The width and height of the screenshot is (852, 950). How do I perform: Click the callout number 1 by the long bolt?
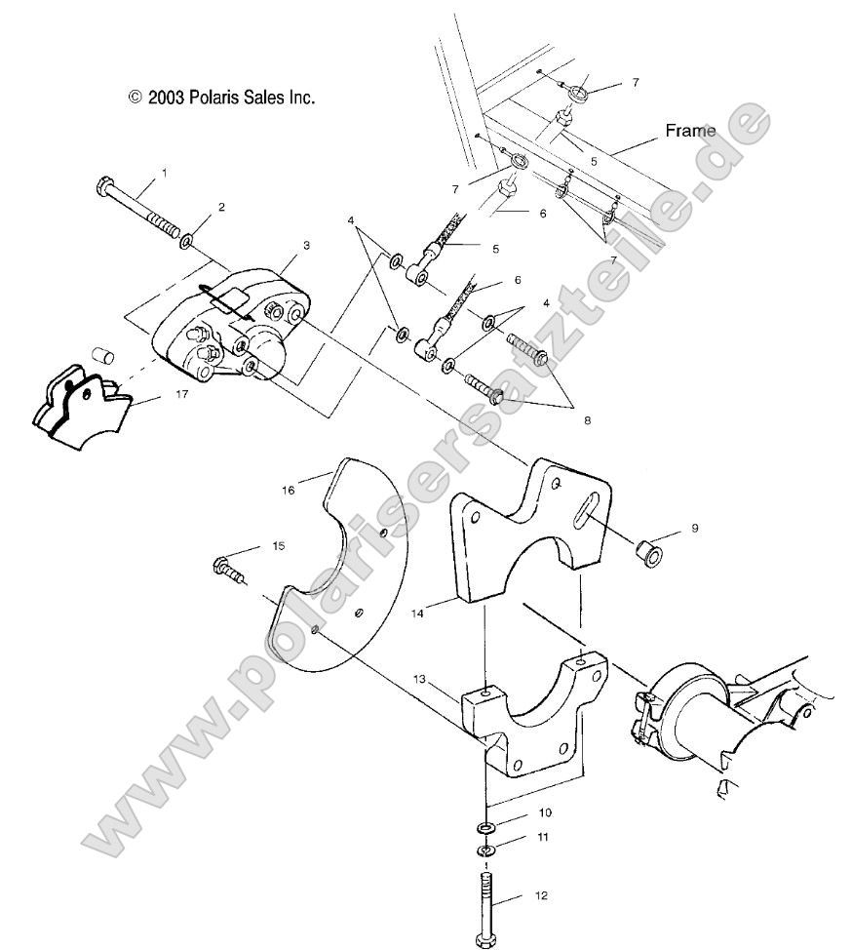(x=164, y=173)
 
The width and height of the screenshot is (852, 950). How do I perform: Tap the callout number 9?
(x=695, y=528)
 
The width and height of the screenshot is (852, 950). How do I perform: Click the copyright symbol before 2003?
(x=136, y=98)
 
